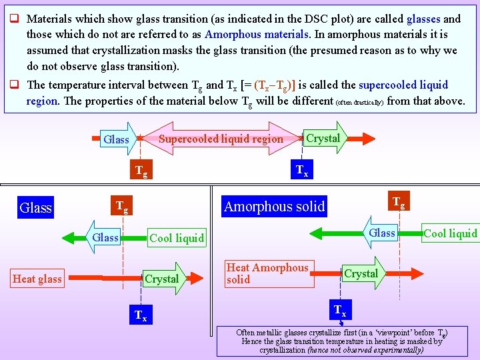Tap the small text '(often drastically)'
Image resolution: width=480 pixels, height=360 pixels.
point(359,102)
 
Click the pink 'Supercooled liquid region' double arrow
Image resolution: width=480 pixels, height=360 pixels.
point(221,139)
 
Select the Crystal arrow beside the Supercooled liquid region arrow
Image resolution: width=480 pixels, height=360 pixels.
point(324,138)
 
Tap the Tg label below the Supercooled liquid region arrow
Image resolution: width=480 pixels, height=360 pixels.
point(141,171)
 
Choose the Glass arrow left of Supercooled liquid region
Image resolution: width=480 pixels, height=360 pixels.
point(117,139)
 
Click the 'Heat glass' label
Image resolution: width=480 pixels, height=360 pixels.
point(37,279)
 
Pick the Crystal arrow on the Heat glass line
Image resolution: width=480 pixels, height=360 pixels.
point(163,279)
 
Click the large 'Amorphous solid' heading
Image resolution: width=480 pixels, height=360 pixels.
point(274,207)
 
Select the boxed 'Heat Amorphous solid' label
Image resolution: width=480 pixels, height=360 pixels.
point(268,273)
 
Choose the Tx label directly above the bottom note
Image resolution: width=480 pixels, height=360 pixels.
point(339,310)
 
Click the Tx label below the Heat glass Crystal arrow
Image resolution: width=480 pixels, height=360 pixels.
point(141,315)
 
